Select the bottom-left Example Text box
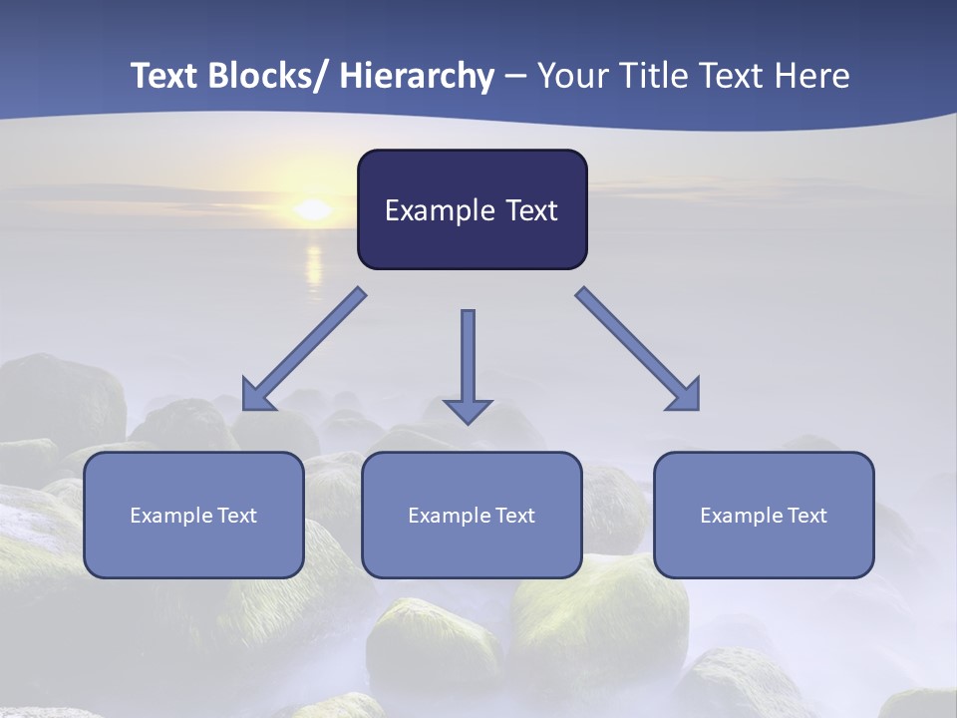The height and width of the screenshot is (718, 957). [x=193, y=515]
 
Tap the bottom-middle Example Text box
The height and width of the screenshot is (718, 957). [x=472, y=515]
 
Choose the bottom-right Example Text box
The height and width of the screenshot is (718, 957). [x=764, y=515]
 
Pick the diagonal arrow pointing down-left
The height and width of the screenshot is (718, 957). [x=304, y=349]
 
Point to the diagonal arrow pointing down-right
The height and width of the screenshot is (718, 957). [x=638, y=349]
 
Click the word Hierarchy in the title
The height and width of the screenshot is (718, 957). [x=417, y=76]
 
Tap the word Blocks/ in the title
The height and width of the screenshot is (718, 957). [x=269, y=76]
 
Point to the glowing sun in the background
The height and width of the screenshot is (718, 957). [x=313, y=209]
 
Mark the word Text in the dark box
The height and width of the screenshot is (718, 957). [x=529, y=210]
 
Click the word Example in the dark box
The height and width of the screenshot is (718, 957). [x=439, y=211]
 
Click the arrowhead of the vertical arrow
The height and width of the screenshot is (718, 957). [x=468, y=410]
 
